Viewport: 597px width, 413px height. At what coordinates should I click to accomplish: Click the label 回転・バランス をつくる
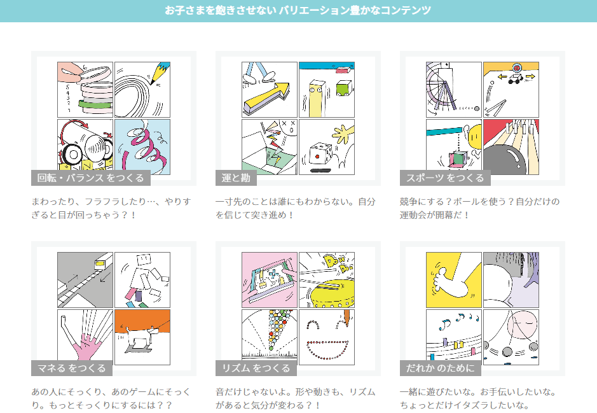pyautogui.click(x=91, y=178)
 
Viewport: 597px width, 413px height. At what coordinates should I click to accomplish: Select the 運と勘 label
pyautogui.click(x=236, y=178)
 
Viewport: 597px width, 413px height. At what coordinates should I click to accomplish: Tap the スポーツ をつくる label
pyautogui.click(x=445, y=178)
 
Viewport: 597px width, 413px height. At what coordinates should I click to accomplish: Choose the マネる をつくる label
pyautogui.click(x=72, y=368)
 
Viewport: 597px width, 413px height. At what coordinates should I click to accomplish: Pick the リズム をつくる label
pyautogui.click(x=256, y=368)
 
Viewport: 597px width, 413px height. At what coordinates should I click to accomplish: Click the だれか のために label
pyautogui.click(x=440, y=368)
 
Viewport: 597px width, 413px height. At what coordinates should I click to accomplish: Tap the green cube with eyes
pyautogui.click(x=344, y=88)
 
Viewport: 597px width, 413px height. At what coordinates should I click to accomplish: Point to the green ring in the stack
pyautogui.click(x=96, y=104)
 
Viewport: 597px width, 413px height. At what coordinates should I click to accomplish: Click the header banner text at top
pyautogui.click(x=298, y=10)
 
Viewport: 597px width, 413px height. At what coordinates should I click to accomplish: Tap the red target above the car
pyautogui.click(x=517, y=68)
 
